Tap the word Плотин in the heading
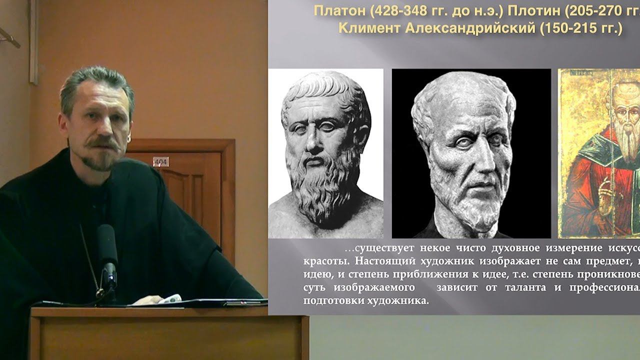point(531,11)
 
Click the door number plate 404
point(160,161)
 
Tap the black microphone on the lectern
point(106,250)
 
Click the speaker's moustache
point(101,145)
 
